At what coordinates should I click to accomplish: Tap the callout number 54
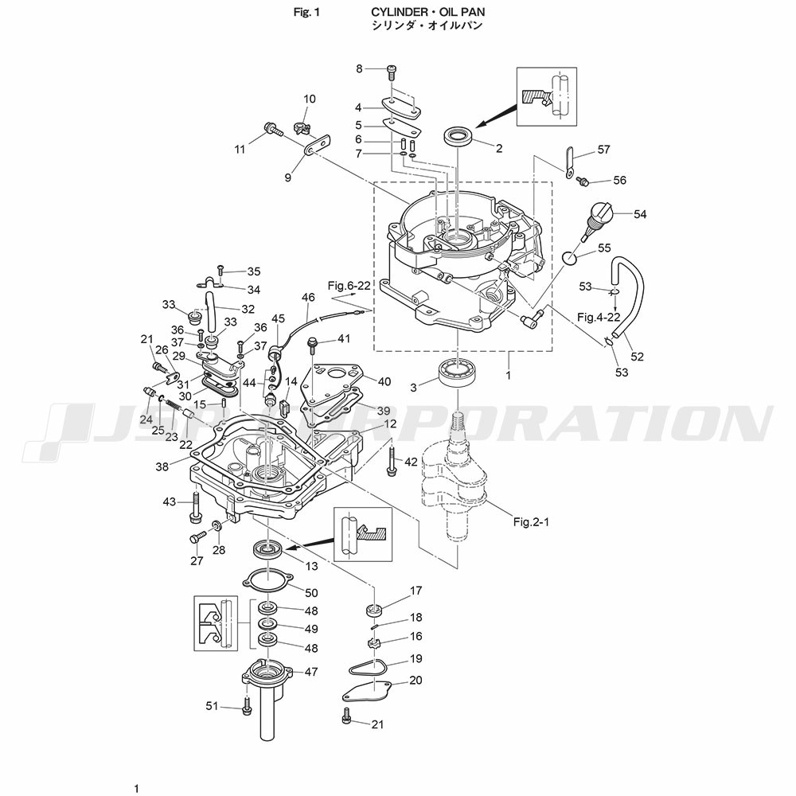(x=640, y=214)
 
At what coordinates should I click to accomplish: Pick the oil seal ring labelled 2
(x=459, y=136)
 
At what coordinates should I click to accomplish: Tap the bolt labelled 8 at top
(x=391, y=72)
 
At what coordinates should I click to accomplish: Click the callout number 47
(x=310, y=672)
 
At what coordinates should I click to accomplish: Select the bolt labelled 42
(x=391, y=461)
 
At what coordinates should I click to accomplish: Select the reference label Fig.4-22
(x=599, y=317)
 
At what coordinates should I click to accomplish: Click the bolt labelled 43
(x=194, y=508)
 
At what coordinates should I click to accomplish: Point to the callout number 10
(x=309, y=99)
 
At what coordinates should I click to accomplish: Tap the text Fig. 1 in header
(x=306, y=12)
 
